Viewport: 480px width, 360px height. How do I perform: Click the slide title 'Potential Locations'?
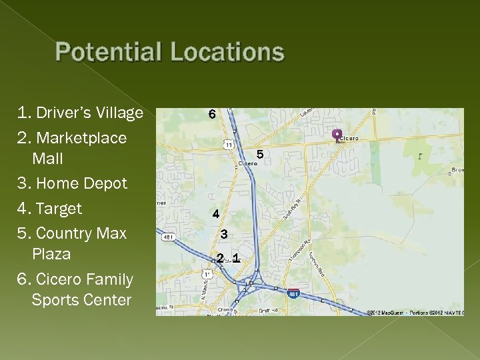pyautogui.click(x=170, y=53)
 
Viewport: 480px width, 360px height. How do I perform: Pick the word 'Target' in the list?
pyautogui.click(x=59, y=209)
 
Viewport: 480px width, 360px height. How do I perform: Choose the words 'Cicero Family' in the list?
pyautogui.click(x=84, y=279)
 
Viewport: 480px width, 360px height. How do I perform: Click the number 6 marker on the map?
pyautogui.click(x=212, y=115)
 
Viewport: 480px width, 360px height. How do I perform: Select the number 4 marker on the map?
pyautogui.click(x=215, y=214)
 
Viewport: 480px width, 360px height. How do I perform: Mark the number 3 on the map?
pyautogui.click(x=224, y=234)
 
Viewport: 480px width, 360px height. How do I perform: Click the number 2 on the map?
pyautogui.click(x=220, y=258)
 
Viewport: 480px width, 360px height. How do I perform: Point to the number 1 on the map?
pyautogui.click(x=235, y=258)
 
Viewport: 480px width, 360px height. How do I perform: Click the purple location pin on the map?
pyautogui.click(x=337, y=135)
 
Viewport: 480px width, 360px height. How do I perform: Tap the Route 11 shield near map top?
pyautogui.click(x=229, y=144)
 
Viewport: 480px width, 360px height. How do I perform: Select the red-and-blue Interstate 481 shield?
pyautogui.click(x=293, y=293)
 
